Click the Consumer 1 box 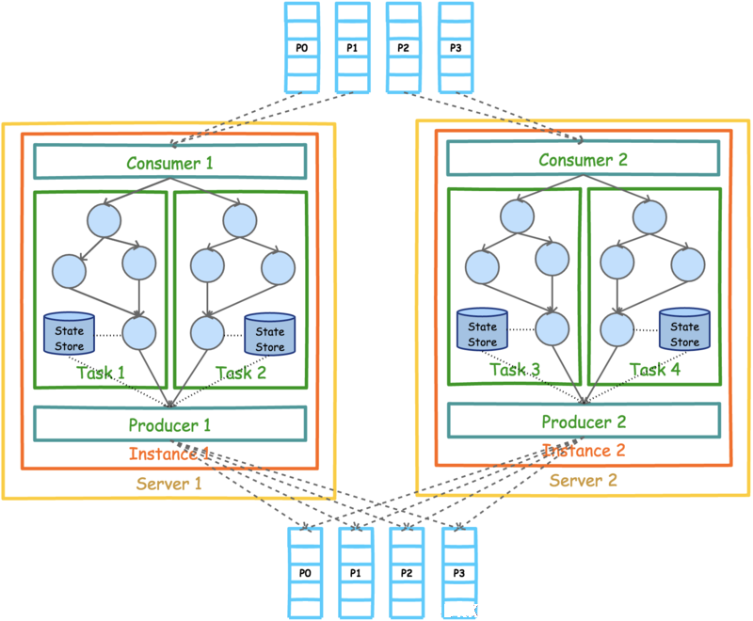pyautogui.click(x=170, y=162)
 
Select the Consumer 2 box pyautogui.click(x=583, y=158)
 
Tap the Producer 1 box pyautogui.click(x=170, y=424)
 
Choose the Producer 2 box pyautogui.click(x=584, y=421)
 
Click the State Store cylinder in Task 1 pyautogui.click(x=69, y=334)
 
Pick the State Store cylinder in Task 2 pyautogui.click(x=270, y=335)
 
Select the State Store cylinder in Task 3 pyautogui.click(x=482, y=329)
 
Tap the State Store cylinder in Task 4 pyautogui.click(x=685, y=329)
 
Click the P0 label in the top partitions pyautogui.click(x=301, y=48)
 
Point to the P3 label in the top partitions pyautogui.click(x=456, y=48)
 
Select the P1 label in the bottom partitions pyautogui.click(x=356, y=573)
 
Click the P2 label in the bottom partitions pyautogui.click(x=407, y=573)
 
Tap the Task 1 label pyautogui.click(x=101, y=373)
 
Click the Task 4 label pyautogui.click(x=655, y=370)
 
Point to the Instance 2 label pyautogui.click(x=584, y=451)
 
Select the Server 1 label pyautogui.click(x=169, y=484)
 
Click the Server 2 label pyautogui.click(x=583, y=481)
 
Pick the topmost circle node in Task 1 pyautogui.click(x=104, y=220)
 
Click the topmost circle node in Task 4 pyautogui.click(x=649, y=217)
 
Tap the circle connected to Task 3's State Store pyautogui.click(x=553, y=328)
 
